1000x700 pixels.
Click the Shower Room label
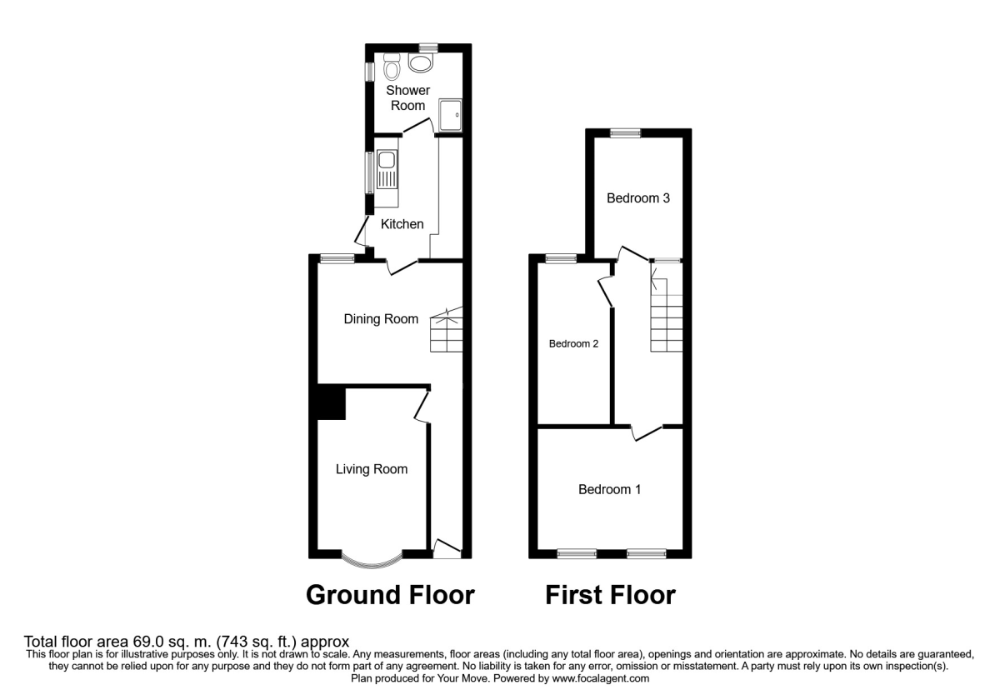(407, 97)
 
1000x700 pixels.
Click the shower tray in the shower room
(450, 115)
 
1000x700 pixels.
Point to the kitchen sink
(387, 170)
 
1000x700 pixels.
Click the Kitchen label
(402, 224)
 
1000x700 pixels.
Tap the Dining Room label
(382, 318)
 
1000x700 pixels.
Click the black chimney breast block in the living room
(331, 402)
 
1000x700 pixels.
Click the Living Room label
(372, 469)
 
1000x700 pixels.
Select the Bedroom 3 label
(638, 198)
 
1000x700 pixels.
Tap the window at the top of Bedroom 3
(625, 132)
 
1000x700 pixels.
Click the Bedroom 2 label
(573, 343)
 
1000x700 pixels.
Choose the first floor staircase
(667, 321)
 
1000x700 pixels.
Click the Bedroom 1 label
(610, 489)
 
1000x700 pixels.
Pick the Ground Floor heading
(391, 595)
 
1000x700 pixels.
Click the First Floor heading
(610, 595)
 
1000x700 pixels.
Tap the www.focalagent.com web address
(596, 679)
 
